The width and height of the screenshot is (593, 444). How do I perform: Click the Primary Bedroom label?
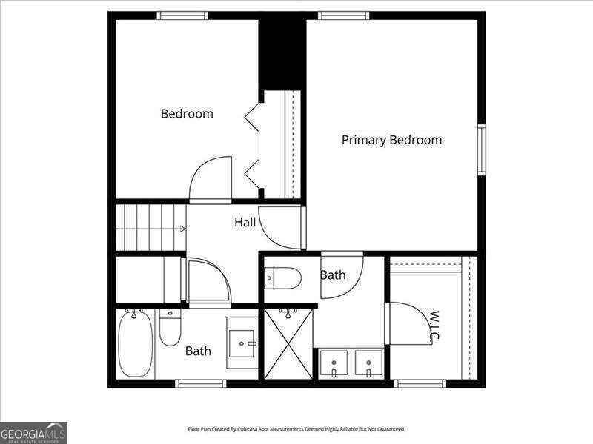[x=391, y=140]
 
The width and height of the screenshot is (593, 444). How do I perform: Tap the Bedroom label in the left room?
[x=187, y=114]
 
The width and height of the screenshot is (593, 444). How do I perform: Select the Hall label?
[x=245, y=222]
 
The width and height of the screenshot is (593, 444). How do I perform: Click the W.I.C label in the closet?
[x=434, y=326]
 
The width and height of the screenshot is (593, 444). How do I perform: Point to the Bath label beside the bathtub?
[x=198, y=351]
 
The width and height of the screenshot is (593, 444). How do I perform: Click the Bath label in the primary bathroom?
[x=333, y=275]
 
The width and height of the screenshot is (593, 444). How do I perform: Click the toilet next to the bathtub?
[x=170, y=329]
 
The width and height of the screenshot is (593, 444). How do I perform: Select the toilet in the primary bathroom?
[x=283, y=277]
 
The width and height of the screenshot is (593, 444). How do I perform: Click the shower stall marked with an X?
[x=288, y=344]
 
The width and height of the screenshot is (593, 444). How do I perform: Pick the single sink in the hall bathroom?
[x=242, y=343]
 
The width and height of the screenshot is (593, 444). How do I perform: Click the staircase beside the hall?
[x=150, y=228]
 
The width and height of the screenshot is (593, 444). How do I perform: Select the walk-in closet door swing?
[x=408, y=323]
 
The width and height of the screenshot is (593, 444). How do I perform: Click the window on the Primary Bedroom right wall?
[x=481, y=149]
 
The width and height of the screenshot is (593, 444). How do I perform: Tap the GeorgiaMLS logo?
[x=33, y=432]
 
